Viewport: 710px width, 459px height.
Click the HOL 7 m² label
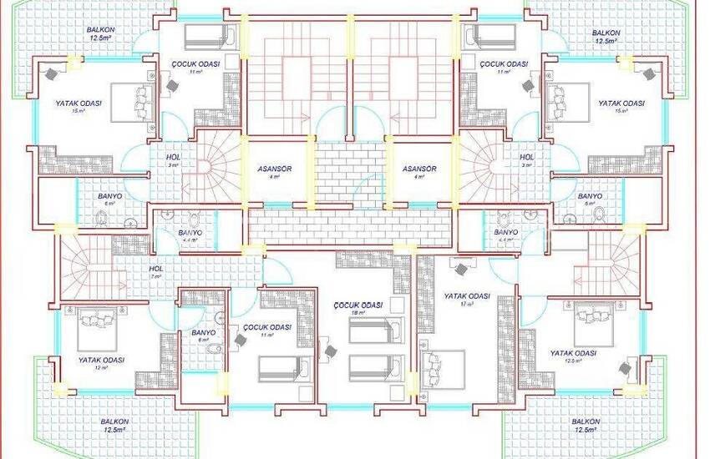click(156, 270)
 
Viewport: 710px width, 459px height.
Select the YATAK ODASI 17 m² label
click(466, 296)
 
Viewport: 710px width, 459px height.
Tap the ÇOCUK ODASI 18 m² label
click(357, 306)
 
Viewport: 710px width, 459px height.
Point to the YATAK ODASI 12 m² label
click(101, 361)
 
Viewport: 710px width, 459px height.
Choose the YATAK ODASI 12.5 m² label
click(573, 354)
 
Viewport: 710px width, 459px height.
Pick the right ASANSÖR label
click(419, 168)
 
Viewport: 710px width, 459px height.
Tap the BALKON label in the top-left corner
click(100, 29)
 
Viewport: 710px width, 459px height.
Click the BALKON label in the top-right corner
click(606, 33)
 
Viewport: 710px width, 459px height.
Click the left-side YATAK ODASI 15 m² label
click(79, 103)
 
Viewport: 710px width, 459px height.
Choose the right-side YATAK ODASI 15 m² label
click(621, 103)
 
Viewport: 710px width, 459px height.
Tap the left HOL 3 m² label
click(173, 157)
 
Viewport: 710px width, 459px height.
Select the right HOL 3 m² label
click(526, 157)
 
